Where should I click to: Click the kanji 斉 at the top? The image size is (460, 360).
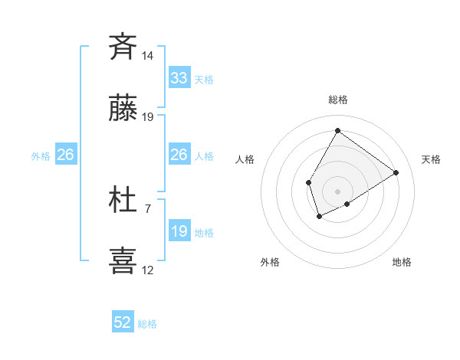[x=123, y=47]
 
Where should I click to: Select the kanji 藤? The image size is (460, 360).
[x=123, y=109]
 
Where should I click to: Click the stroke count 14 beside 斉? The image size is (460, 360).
[x=148, y=56]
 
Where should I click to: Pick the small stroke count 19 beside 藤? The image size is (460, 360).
[x=148, y=117]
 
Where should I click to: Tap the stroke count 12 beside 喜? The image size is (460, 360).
[x=148, y=270]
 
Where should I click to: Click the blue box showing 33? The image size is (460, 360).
[x=179, y=78]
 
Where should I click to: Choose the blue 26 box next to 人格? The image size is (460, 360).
[x=179, y=155]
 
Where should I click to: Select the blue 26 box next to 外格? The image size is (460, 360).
[x=65, y=155]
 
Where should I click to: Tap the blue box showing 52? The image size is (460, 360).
[x=123, y=323]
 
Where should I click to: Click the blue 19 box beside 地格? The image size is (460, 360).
[x=179, y=231]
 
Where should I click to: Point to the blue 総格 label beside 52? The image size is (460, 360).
[x=147, y=324]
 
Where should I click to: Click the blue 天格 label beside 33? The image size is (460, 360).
[x=204, y=80]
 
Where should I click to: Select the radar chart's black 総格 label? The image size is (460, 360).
[x=337, y=100]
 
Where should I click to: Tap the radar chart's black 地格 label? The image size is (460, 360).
[x=402, y=262]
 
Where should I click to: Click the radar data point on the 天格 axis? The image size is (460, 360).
[x=396, y=172]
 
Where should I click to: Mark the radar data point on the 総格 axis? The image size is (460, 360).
[x=337, y=131]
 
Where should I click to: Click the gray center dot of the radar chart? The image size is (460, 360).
[x=337, y=191]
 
